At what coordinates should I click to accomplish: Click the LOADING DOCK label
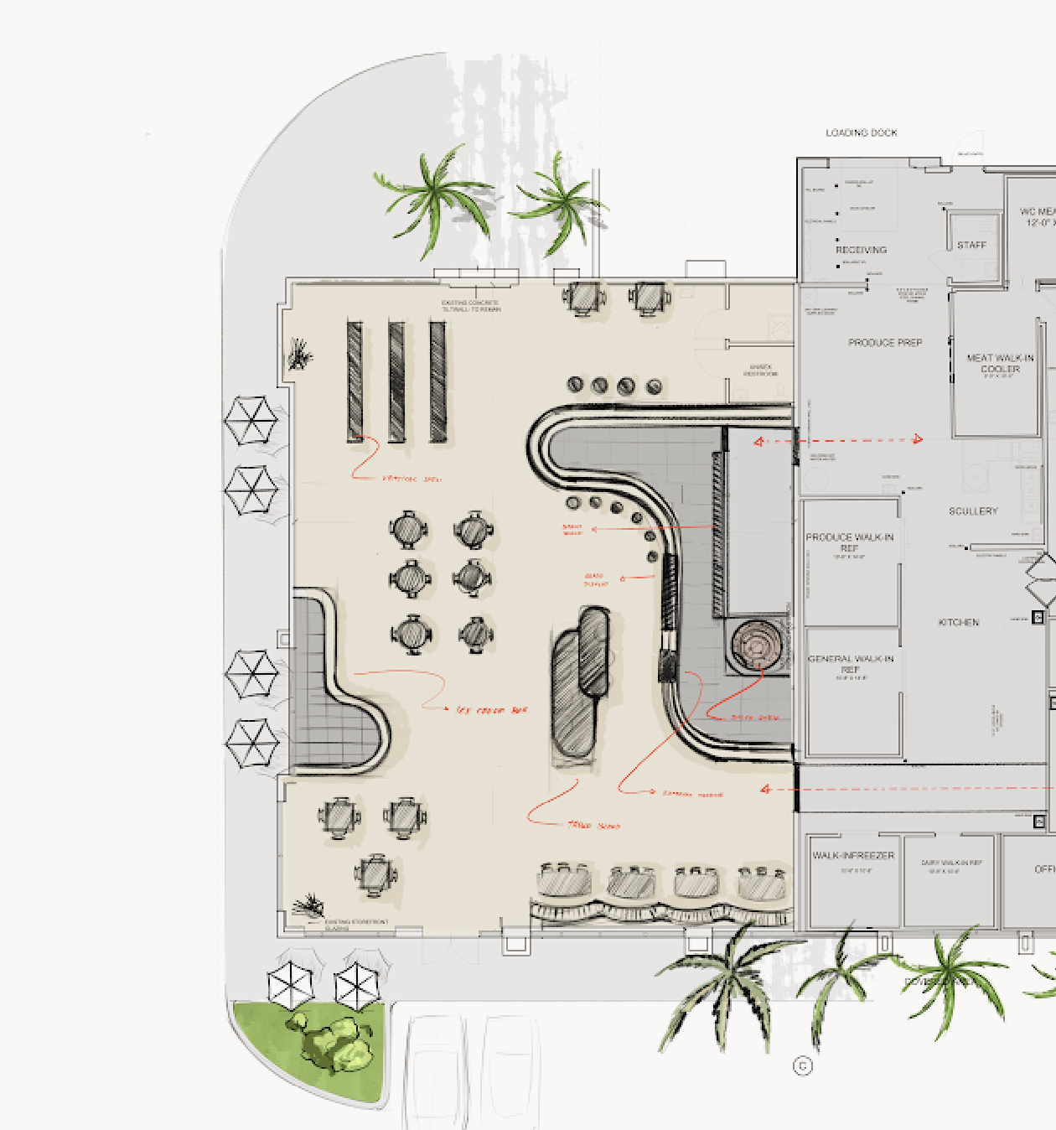(861, 132)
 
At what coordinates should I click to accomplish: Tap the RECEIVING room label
(861, 250)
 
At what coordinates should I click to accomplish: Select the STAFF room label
(971, 245)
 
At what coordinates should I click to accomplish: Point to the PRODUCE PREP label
(884, 343)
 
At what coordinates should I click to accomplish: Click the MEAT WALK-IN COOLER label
(1000, 364)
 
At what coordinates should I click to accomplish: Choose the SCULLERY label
(973, 511)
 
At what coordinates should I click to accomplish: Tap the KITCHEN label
(959, 622)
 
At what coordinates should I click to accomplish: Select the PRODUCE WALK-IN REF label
(849, 542)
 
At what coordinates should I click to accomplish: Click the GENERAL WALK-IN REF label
(850, 664)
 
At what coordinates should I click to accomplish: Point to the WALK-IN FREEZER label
(852, 856)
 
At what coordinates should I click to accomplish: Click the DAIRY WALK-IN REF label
(951, 863)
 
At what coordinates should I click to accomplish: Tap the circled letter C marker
(802, 1065)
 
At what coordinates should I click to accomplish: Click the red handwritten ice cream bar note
(492, 710)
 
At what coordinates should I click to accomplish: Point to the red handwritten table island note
(593, 826)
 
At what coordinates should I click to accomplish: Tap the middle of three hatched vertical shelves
(396, 381)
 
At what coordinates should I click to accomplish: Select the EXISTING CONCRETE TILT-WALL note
(471, 306)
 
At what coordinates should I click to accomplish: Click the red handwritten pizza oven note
(754, 718)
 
